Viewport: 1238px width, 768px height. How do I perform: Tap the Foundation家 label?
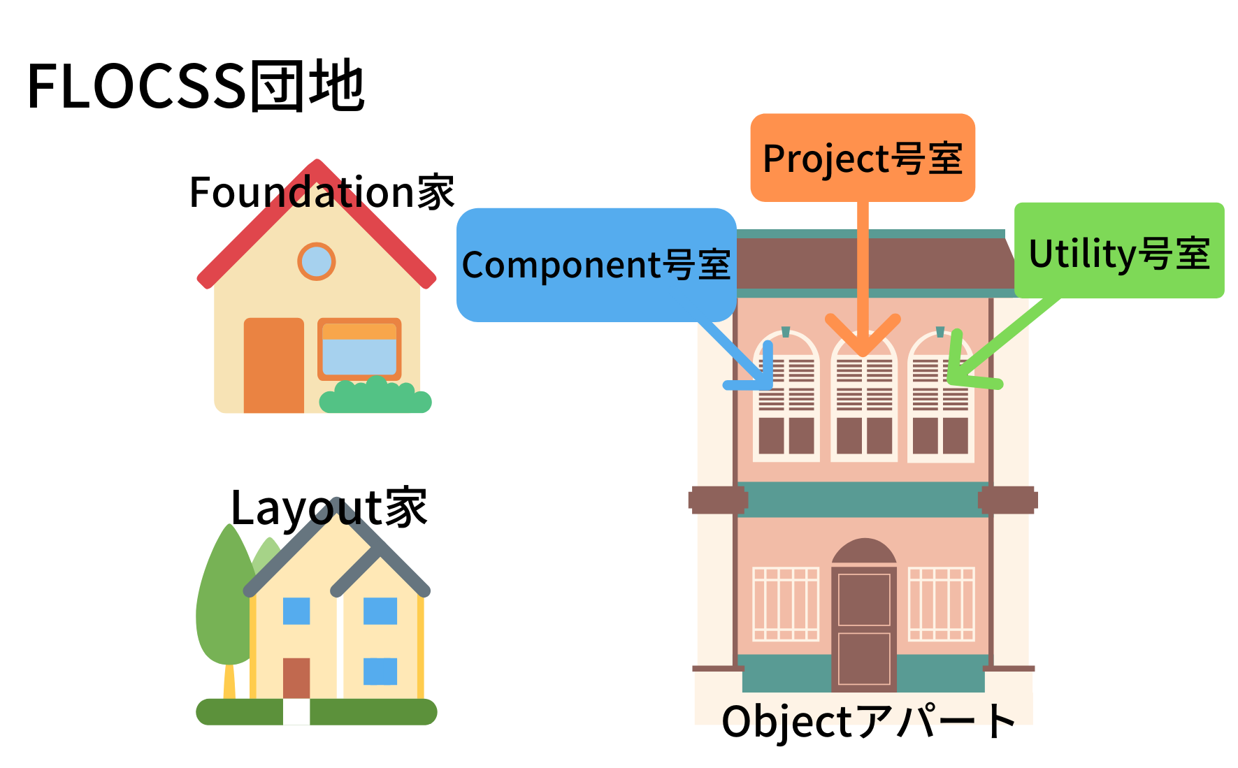322,192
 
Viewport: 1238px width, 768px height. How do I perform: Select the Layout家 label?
329,508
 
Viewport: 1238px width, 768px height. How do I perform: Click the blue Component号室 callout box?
596,265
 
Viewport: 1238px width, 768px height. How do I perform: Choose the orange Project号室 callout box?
863,159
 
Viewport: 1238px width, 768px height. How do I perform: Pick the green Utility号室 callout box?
1119,252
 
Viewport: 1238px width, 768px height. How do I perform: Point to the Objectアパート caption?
869,721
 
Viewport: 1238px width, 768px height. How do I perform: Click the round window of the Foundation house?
317,261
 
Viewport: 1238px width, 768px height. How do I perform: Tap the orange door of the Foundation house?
273,365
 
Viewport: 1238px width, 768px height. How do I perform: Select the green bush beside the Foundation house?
375,397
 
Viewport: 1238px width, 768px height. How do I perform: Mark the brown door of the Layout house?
296,677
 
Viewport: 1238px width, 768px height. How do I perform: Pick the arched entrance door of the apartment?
864,615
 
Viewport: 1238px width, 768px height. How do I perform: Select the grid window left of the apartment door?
786,604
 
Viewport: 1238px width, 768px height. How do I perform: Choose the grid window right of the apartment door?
941,604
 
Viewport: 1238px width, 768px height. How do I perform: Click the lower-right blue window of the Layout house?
380,671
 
